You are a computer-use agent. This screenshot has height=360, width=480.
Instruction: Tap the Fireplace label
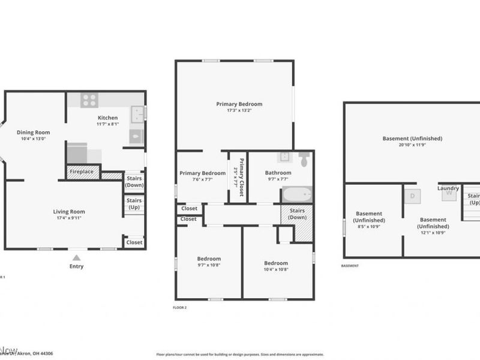tap(81, 172)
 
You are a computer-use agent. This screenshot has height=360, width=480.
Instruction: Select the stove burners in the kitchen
tap(89, 100)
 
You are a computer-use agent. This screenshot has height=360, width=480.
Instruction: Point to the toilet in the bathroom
tap(304, 160)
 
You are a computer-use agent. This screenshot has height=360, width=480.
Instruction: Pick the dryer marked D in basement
tap(412, 195)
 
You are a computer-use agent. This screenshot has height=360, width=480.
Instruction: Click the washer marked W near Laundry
tap(448, 195)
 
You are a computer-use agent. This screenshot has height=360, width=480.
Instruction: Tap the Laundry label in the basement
tap(448, 188)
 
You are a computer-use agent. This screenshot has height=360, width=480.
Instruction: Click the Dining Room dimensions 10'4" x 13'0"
tap(34, 139)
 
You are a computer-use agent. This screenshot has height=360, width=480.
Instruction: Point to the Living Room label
tap(69, 211)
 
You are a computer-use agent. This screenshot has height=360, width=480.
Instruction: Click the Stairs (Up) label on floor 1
tap(134, 203)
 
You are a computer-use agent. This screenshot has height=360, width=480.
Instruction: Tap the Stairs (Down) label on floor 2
tap(297, 214)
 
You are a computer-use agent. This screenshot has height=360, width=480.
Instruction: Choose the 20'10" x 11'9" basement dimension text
tap(412, 145)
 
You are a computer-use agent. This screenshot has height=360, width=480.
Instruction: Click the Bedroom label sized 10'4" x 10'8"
tap(277, 263)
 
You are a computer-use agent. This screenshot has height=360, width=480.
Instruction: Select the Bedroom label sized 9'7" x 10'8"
tap(209, 259)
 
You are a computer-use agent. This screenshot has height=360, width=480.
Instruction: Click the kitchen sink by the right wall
tap(137, 113)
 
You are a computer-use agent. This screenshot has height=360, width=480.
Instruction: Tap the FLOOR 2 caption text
tap(179, 307)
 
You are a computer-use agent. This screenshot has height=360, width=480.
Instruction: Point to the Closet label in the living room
tap(134, 242)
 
